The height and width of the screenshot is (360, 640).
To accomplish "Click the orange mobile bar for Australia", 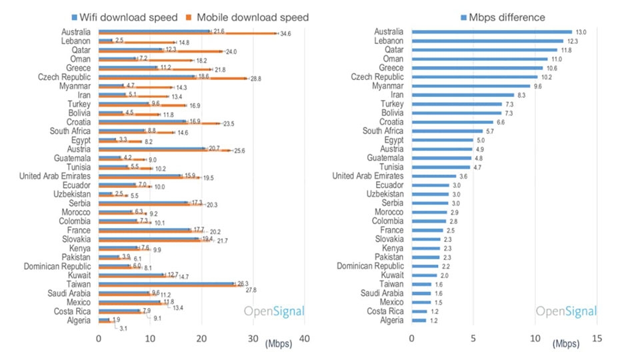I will pos(187,33).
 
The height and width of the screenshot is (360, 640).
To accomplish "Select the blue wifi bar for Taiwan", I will pos(167,283).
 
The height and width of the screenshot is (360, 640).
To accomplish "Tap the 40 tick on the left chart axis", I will pos(304,339).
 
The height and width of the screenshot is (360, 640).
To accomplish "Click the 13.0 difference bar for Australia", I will pos(491,31).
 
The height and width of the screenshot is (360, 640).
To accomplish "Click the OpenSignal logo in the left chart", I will pos(274,311).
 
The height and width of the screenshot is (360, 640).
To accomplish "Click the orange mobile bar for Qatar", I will pos(160,51).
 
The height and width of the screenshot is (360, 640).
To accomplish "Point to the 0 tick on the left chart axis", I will pos(99,339).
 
